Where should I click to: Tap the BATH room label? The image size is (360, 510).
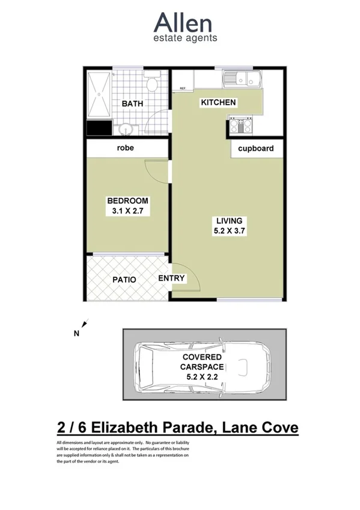[132, 103]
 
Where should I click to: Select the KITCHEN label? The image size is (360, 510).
[218, 103]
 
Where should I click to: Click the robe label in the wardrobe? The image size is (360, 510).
[126, 147]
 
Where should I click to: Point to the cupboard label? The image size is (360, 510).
[255, 149]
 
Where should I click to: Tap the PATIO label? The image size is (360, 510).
[124, 280]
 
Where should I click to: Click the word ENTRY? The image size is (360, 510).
[171, 278]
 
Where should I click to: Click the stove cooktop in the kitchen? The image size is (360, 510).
[241, 126]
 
